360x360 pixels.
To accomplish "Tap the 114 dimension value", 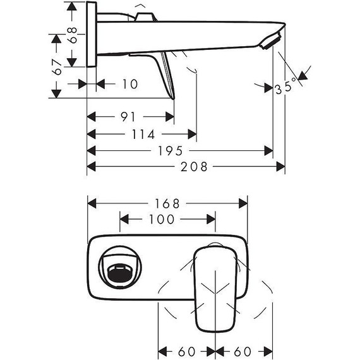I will tap(143, 134).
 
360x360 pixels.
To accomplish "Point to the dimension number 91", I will tap(129, 117).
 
